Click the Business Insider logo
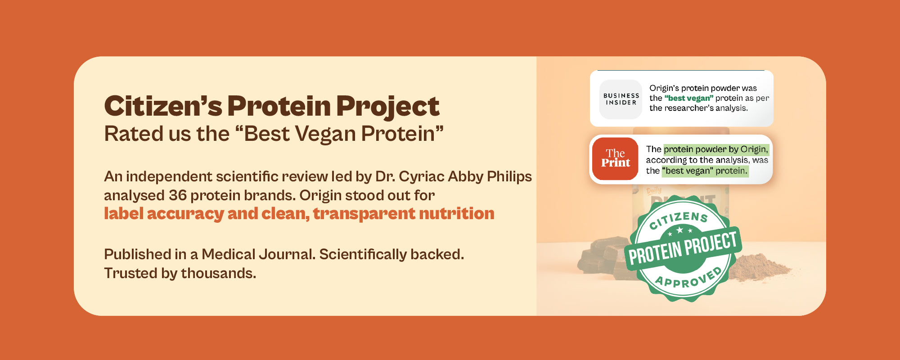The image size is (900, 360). point(621,99)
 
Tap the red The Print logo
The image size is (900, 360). point(616,159)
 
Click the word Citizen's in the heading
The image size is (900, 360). point(163,106)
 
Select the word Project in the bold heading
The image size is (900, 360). point(387,107)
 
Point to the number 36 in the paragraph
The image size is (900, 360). point(178,195)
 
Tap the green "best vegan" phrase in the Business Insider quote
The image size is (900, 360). point(688,98)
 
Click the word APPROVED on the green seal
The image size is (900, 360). point(688,278)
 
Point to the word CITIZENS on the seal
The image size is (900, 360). point(679,220)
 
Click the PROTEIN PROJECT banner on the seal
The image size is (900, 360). point(683,248)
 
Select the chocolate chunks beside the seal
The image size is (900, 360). point(601,256)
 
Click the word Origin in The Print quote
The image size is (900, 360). point(754,149)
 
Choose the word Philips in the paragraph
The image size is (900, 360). point(510,177)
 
